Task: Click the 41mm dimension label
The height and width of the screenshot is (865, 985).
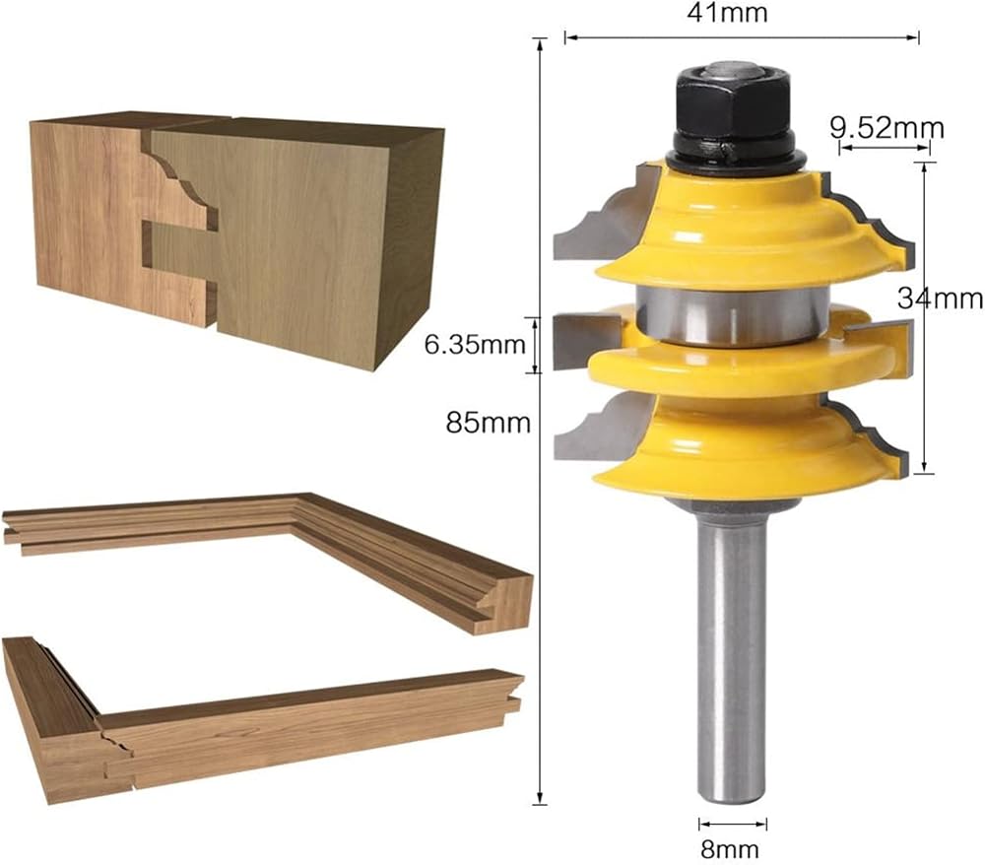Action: [x=727, y=13]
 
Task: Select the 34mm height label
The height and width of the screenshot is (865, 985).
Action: [x=940, y=298]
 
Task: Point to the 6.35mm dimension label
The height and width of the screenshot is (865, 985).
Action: [x=475, y=344]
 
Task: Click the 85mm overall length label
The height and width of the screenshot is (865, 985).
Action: [x=489, y=423]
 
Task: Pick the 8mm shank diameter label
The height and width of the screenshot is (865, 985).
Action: [x=729, y=849]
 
